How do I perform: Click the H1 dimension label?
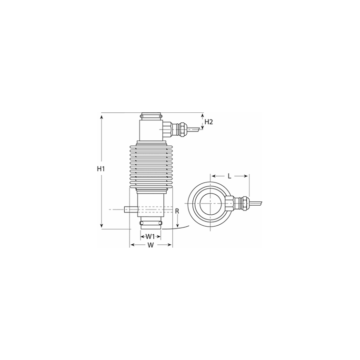click(100, 169)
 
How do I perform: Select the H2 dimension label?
click(208, 122)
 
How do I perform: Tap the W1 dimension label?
click(150, 236)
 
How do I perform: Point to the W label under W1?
click(151, 245)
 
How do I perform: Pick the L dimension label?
click(230, 176)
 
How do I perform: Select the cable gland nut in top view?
click(245, 202)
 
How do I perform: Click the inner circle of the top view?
click(210, 202)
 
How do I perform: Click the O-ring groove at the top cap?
click(152, 116)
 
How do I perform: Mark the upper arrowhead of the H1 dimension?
click(101, 116)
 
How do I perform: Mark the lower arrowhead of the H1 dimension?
click(101, 227)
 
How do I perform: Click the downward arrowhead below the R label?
click(177, 226)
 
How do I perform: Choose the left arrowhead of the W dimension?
click(132, 245)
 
